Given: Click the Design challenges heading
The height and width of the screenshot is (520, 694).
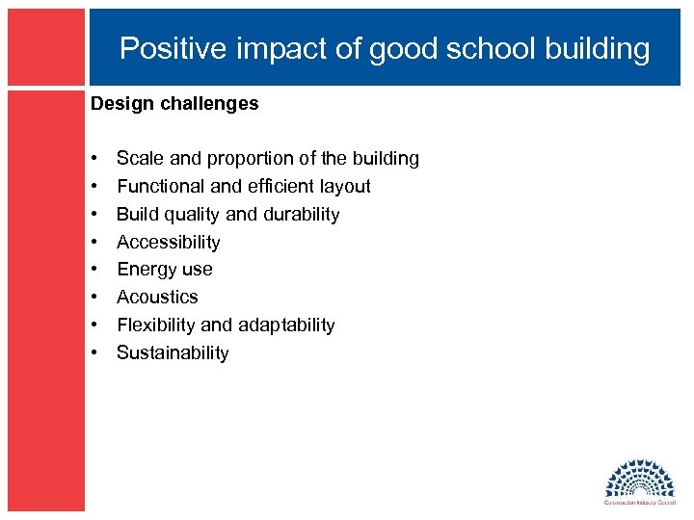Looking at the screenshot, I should tap(174, 104).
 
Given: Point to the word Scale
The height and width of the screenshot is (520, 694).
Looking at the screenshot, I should tap(137, 158).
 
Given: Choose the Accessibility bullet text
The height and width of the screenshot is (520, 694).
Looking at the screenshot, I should tap(169, 242).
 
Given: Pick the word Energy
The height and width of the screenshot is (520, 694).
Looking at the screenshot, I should tap(144, 270).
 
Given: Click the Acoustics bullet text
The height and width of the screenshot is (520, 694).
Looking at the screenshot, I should tap(157, 298).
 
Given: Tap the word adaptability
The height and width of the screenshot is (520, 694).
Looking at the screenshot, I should tap(286, 325).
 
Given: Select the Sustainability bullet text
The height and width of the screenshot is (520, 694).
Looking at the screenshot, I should tap(173, 353).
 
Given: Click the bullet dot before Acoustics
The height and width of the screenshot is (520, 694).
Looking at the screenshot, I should tap(96, 298).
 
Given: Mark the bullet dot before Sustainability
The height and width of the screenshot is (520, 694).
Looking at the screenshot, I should tap(96, 353).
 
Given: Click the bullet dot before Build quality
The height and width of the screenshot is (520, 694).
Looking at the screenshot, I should tap(96, 214).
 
